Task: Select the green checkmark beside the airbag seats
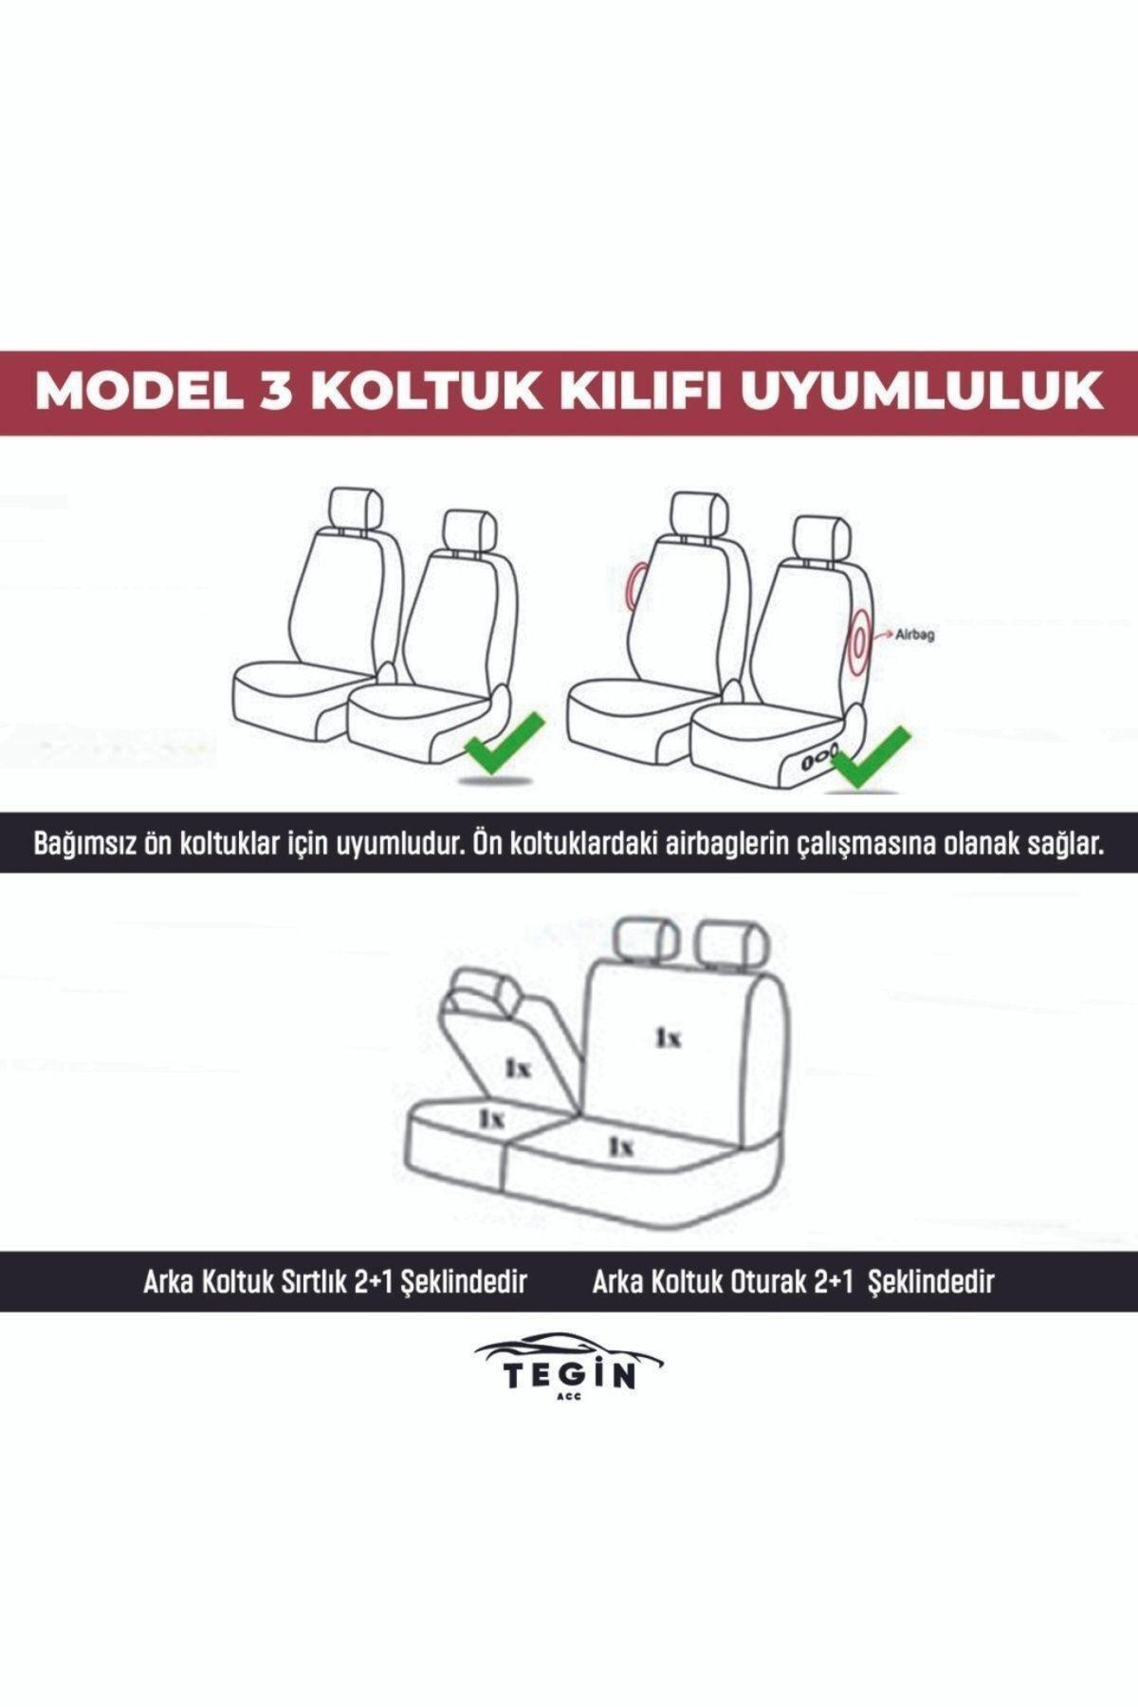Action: [870, 756]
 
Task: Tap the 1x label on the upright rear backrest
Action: [669, 1038]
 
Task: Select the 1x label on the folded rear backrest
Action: [518, 1069]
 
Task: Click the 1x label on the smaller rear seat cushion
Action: [490, 1118]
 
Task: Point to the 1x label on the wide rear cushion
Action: [621, 1147]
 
